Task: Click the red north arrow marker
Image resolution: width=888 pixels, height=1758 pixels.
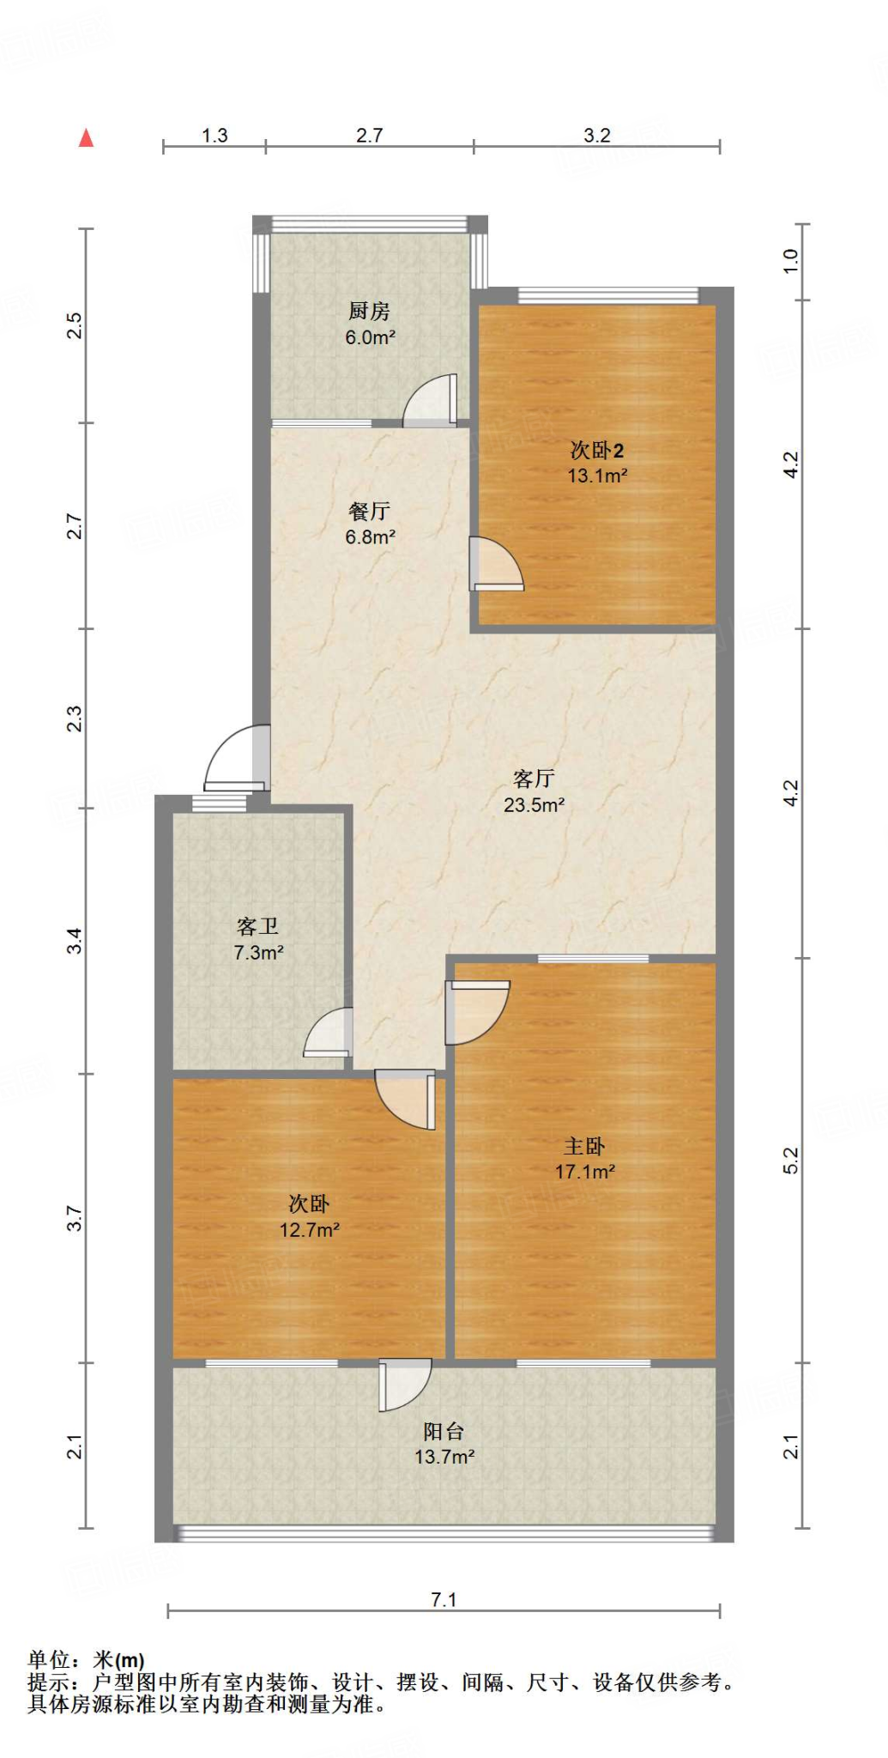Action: pyautogui.click(x=86, y=138)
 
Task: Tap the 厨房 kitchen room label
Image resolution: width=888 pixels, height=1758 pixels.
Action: pyautogui.click(x=369, y=311)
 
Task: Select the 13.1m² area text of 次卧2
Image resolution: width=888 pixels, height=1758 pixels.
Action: pyautogui.click(x=597, y=476)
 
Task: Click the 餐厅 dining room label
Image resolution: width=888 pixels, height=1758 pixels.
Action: pyautogui.click(x=369, y=511)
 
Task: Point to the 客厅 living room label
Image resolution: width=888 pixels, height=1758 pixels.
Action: pyautogui.click(x=534, y=779)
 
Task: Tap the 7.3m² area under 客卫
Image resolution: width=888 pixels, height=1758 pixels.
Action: pyautogui.click(x=258, y=952)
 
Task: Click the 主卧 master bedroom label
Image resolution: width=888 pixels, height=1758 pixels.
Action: pyautogui.click(x=584, y=1146)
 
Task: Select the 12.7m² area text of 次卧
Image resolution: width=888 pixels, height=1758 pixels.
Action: pyautogui.click(x=309, y=1229)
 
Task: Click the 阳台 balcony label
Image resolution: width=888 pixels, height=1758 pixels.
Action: pyautogui.click(x=444, y=1431)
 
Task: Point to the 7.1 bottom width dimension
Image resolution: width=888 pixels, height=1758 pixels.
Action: pyautogui.click(x=444, y=1599)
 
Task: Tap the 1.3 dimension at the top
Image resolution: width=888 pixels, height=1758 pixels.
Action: pyautogui.click(x=214, y=136)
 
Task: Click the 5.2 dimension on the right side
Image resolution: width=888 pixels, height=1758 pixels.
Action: pyautogui.click(x=790, y=1161)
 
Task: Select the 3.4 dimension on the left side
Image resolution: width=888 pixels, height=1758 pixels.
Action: pyautogui.click(x=76, y=941)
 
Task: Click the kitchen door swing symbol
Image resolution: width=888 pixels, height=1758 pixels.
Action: pyautogui.click(x=432, y=402)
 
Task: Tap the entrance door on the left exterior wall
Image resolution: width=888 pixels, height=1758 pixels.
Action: pyautogui.click(x=238, y=759)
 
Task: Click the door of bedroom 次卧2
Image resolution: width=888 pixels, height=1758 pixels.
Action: pyautogui.click(x=495, y=565)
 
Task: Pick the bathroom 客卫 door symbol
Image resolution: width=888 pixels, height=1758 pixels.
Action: pyautogui.click(x=329, y=1033)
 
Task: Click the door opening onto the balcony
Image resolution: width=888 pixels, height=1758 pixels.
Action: pyautogui.click(x=403, y=1384)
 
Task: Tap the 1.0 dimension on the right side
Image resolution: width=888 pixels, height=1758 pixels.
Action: pyautogui.click(x=790, y=261)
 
